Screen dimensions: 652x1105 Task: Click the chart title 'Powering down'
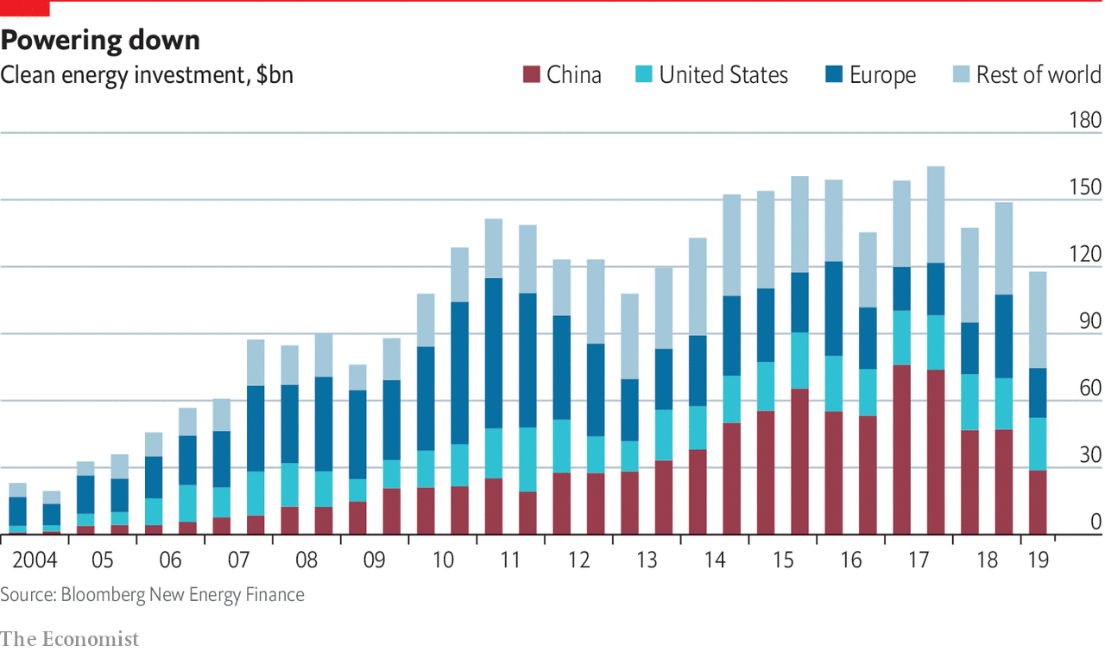(101, 40)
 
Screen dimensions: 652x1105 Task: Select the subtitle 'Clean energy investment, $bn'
(147, 75)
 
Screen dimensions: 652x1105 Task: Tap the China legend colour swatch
(530, 75)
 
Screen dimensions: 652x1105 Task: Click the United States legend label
(723, 75)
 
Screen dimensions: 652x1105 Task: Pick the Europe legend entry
(882, 75)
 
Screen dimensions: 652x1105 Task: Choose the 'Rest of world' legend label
(1039, 75)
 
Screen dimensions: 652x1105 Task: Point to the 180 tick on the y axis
(1084, 120)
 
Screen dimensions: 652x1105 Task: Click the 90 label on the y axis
(1089, 321)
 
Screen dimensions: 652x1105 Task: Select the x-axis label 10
(442, 560)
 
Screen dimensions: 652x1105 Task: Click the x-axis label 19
(1038, 560)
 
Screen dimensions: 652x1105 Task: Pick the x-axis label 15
(783, 560)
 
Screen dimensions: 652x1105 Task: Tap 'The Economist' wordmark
(69, 639)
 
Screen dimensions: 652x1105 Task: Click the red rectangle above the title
(25, 9)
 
